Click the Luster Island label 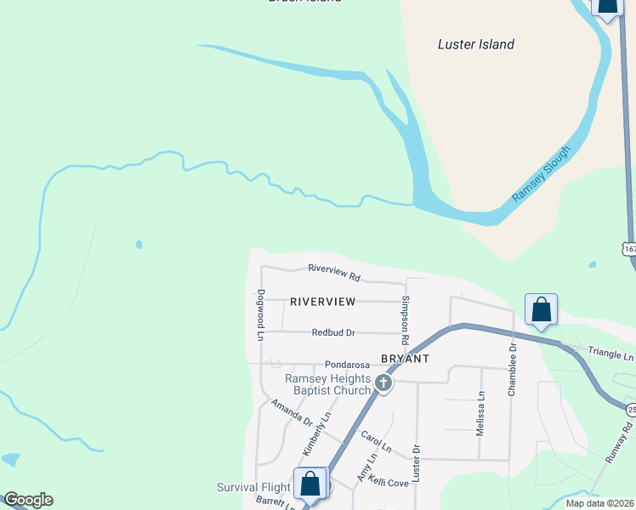click(475, 44)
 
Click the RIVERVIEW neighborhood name click(322, 302)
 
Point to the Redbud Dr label click(332, 332)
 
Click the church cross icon click(383, 384)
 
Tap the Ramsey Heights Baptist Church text click(327, 384)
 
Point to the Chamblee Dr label click(513, 370)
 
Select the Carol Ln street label click(375, 441)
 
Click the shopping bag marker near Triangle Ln click(541, 312)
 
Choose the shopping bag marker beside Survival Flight click(310, 484)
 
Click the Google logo click(28, 500)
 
